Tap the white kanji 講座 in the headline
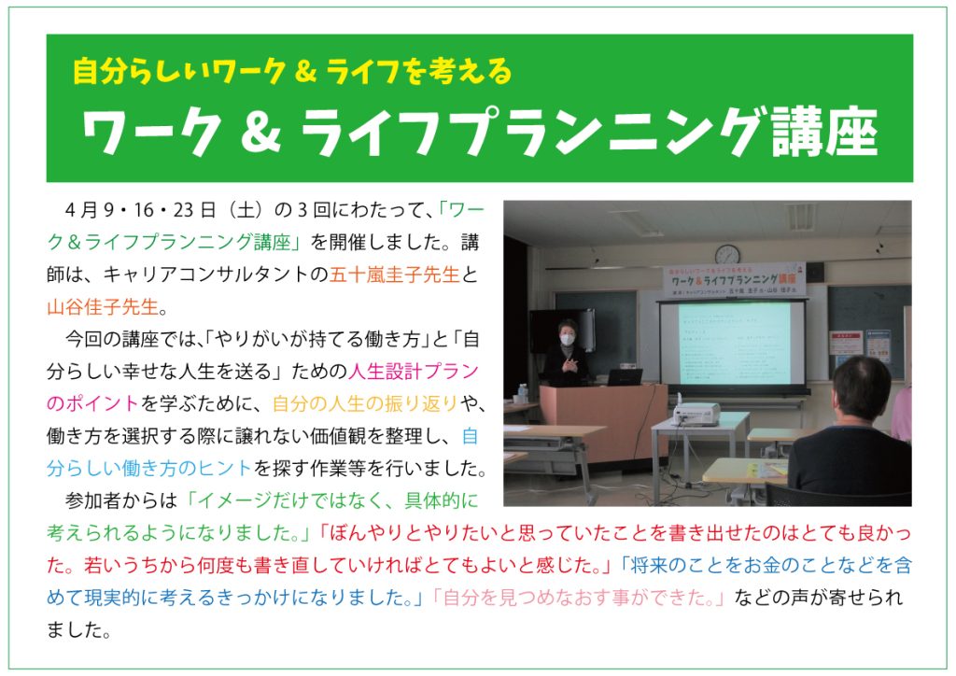pos(825,133)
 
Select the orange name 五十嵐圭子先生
pos(395,275)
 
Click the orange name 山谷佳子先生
pos(103,306)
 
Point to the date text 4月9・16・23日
pos(140,210)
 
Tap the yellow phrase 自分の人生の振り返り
pos(365,403)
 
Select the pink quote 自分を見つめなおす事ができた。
pos(578,598)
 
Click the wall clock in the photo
pos(727,254)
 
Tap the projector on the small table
pos(696,415)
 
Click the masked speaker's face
pos(567,336)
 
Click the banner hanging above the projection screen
pos(734,280)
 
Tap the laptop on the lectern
pos(624,377)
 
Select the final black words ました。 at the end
pos(79,629)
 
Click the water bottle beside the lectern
pos(523,393)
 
